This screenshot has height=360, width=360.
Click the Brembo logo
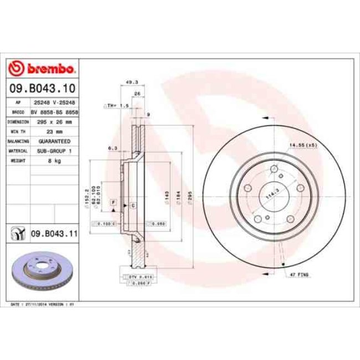point(42,69)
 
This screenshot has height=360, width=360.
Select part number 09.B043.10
point(42,88)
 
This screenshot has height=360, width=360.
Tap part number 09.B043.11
point(53,234)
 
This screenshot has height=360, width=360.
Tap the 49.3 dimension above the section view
point(132,83)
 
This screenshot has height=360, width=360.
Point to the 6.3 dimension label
point(112,148)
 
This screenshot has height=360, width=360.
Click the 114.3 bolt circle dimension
point(271,196)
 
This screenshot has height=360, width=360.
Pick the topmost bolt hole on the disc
point(275,169)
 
